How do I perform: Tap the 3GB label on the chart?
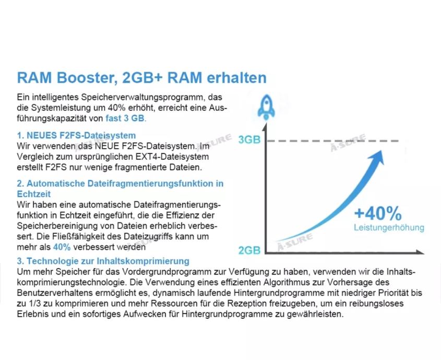pyautogui.click(x=248, y=140)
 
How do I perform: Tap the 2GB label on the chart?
pyautogui.click(x=249, y=250)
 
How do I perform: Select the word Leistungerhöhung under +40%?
pyautogui.click(x=389, y=228)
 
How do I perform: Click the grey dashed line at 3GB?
pyautogui.click(x=334, y=141)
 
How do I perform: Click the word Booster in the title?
pyautogui.click(x=82, y=78)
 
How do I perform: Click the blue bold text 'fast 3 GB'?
pyautogui.click(x=126, y=118)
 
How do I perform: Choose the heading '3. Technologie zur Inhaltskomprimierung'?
pyautogui.click(x=103, y=261)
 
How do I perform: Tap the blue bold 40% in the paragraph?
pyautogui.click(x=62, y=247)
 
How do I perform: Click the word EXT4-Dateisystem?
pyautogui.click(x=174, y=157)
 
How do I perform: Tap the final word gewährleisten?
pyautogui.click(x=317, y=314)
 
